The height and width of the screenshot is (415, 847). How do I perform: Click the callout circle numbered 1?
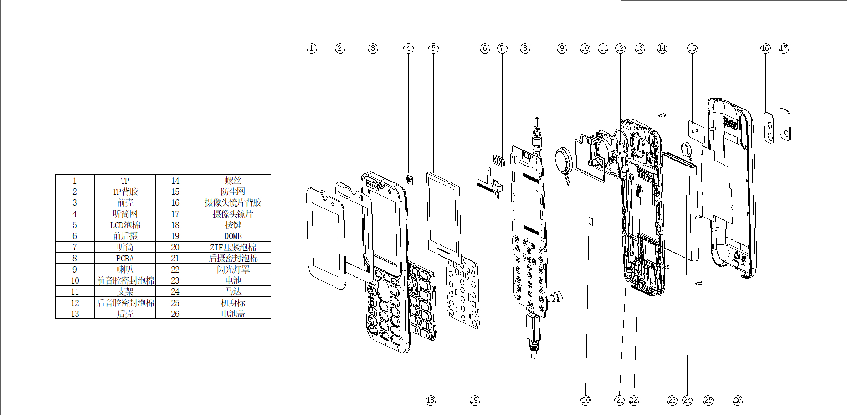(x=312, y=48)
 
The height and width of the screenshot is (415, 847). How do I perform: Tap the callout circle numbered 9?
(x=562, y=48)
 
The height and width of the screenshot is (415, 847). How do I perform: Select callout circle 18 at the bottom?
(x=431, y=400)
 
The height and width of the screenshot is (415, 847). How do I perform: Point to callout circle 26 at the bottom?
(x=738, y=400)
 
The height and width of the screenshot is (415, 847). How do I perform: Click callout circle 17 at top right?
(x=784, y=48)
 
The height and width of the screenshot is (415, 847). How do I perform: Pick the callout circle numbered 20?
(x=585, y=400)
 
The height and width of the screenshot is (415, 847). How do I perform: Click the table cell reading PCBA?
(x=125, y=258)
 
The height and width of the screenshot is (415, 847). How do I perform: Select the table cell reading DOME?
(x=233, y=236)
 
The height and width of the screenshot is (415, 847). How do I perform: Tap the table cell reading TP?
(x=125, y=181)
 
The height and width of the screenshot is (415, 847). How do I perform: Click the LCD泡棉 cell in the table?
(x=125, y=225)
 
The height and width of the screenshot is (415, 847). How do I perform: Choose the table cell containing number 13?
(x=75, y=314)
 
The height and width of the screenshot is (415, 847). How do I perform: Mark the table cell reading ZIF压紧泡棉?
(x=233, y=247)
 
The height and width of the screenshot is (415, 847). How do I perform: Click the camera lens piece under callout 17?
(x=785, y=124)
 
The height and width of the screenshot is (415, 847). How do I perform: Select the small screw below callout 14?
(x=662, y=115)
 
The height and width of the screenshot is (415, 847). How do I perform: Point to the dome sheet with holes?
(x=463, y=292)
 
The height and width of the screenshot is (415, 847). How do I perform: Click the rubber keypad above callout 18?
(x=421, y=301)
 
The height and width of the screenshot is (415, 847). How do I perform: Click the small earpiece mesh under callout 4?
(x=409, y=179)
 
